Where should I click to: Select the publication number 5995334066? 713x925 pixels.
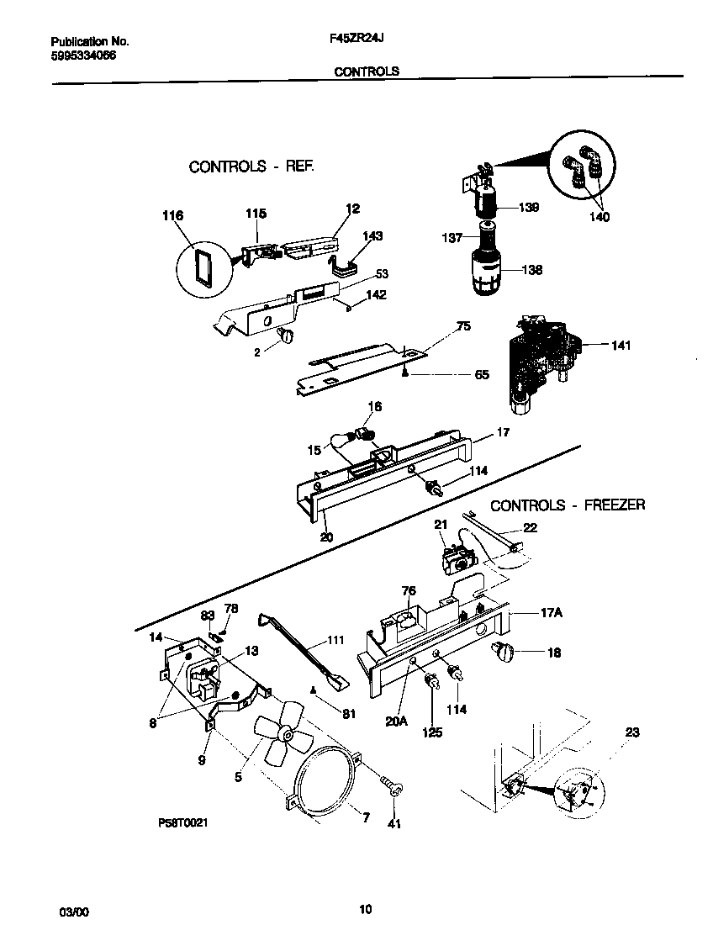coord(83,55)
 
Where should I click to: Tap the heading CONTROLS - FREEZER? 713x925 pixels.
coord(568,505)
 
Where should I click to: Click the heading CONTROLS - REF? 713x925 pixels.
coord(251,166)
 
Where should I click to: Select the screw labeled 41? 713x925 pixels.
coord(392,787)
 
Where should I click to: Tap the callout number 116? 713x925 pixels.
coord(172,217)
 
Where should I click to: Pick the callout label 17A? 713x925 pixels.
coord(550,613)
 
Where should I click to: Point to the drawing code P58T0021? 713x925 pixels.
coord(182,823)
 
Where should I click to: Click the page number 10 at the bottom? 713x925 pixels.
coord(365,909)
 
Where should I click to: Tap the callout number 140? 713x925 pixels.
coord(599,217)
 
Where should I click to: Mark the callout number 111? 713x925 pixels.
coord(335,641)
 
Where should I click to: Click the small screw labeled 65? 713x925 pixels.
coord(406,373)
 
